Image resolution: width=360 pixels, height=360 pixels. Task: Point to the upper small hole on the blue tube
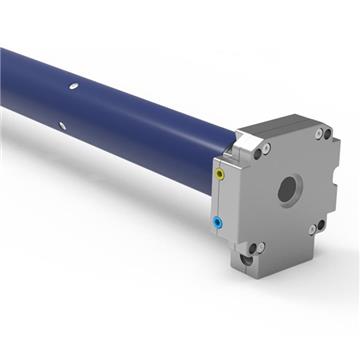pyautogui.click(x=73, y=88)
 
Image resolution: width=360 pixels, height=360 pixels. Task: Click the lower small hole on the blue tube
pyautogui.click(x=62, y=125)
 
